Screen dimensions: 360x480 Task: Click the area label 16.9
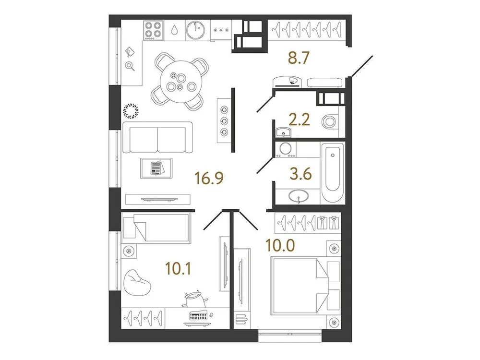point(210,180)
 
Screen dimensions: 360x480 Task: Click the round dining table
point(180,80)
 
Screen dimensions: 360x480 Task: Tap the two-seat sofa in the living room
point(157,137)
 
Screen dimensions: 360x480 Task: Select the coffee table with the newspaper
point(156,168)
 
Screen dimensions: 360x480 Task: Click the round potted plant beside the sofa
point(131,111)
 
